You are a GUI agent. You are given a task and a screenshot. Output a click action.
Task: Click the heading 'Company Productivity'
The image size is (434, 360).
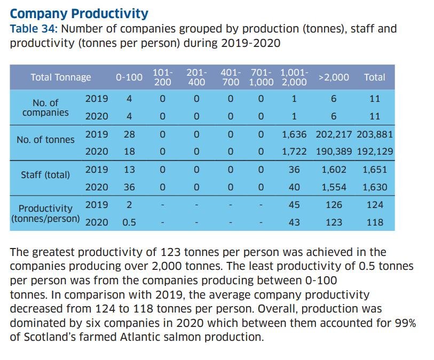pos(79,13)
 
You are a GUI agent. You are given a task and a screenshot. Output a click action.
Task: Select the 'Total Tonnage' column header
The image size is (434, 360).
pos(61,77)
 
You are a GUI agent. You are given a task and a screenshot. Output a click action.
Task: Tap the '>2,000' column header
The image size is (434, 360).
pos(334,77)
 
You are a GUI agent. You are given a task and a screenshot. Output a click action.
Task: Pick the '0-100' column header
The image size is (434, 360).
pos(129,77)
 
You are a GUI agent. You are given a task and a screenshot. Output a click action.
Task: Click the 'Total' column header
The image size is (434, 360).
pos(374,77)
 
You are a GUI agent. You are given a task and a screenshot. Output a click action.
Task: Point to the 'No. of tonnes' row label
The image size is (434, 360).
pos(46,140)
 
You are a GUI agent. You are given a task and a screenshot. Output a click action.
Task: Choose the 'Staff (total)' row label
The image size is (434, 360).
pos(45,174)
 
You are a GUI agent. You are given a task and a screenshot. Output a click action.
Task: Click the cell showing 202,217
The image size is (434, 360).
pos(334,134)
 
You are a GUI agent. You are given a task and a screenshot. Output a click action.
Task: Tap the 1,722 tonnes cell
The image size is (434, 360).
pos(294,151)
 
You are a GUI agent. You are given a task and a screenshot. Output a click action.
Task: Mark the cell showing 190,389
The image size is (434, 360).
pos(334,151)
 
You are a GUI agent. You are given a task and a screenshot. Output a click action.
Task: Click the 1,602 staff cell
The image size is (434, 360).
pos(334,170)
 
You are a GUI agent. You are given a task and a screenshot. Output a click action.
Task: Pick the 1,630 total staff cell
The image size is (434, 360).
pos(375,187)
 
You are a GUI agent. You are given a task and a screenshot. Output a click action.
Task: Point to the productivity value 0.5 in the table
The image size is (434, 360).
pos(129,222)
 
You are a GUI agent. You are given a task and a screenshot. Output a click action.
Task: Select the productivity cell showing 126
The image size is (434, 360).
pos(334,205)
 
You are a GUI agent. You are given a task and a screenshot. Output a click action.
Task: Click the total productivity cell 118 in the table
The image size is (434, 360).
pos(375,222)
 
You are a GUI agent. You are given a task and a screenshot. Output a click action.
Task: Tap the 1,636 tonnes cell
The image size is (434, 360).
pos(294,134)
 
